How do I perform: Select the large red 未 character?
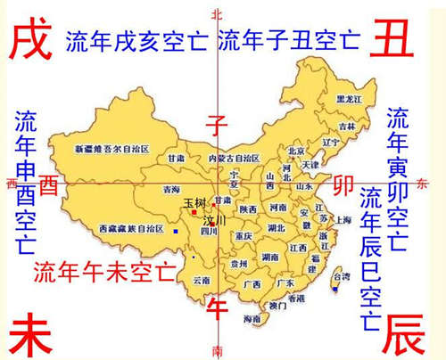28,336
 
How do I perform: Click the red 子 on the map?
215,122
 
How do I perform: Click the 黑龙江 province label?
348,99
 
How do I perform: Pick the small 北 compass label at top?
214,13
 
